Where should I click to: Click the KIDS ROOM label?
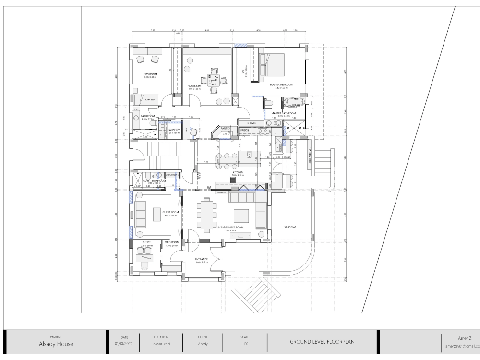(150, 74)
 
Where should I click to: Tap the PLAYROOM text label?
(193, 86)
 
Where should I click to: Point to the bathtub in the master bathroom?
(292, 102)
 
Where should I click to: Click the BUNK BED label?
(149, 100)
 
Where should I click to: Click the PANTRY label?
(226, 128)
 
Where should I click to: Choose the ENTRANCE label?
(201, 259)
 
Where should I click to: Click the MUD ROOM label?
(171, 242)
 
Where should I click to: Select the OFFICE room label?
(147, 242)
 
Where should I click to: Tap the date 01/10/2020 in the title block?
(123, 344)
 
